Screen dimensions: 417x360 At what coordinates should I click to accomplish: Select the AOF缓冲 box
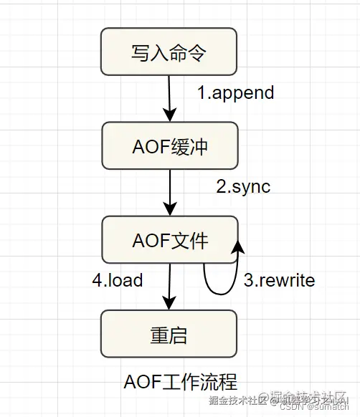pyautogui.click(x=169, y=145)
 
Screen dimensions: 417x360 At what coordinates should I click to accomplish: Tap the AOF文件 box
pyautogui.click(x=169, y=240)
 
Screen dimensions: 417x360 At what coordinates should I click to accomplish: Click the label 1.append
pyautogui.click(x=236, y=92)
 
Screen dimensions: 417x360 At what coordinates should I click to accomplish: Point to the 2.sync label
pyautogui.click(x=243, y=186)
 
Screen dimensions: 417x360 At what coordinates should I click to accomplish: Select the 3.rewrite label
pyautogui.click(x=279, y=280)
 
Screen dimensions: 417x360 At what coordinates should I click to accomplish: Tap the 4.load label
pyautogui.click(x=118, y=279)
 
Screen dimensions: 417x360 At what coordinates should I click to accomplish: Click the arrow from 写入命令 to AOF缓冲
pyautogui.click(x=169, y=97)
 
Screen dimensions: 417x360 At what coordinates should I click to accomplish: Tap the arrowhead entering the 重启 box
pyautogui.click(x=169, y=302)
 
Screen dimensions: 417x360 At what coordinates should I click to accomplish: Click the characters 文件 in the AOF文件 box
pyautogui.click(x=189, y=240)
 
